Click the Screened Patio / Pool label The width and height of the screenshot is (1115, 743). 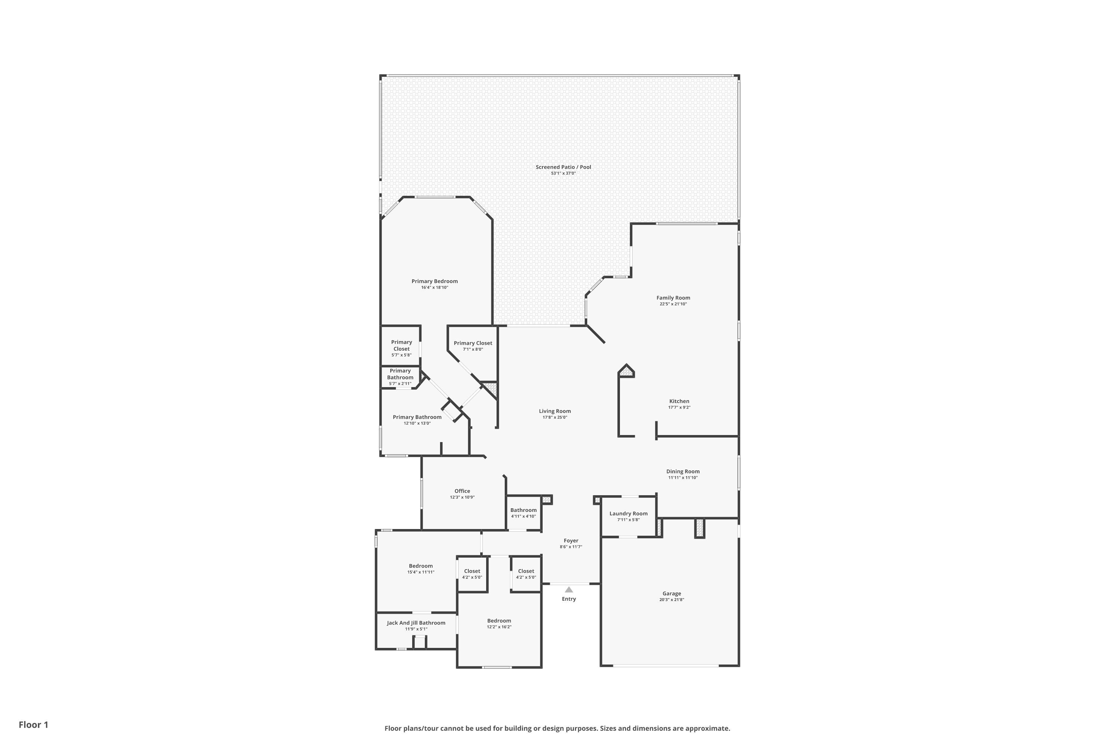click(563, 167)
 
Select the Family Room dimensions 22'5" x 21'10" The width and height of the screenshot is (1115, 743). click(673, 304)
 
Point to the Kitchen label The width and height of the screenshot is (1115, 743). click(679, 401)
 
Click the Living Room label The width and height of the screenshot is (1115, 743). click(555, 411)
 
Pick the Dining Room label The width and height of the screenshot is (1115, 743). click(683, 471)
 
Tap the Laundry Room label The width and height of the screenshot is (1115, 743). click(628, 514)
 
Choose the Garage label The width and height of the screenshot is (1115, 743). click(671, 594)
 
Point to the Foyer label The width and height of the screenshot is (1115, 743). click(571, 541)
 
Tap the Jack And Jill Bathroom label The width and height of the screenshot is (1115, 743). click(416, 623)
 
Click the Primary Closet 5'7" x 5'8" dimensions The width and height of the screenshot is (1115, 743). click(401, 355)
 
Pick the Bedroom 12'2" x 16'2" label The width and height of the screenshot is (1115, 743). click(499, 621)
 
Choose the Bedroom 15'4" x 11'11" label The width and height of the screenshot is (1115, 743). click(420, 566)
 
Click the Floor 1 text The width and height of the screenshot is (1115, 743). click(33, 724)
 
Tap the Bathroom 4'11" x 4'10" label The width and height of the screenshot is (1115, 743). click(523, 510)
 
